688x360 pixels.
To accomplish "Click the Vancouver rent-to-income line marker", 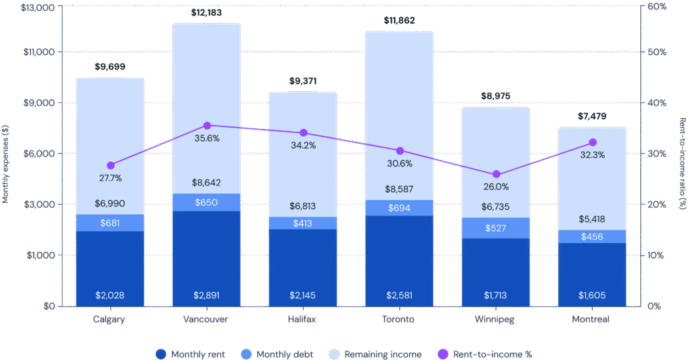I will pyautogui.click(x=207, y=126).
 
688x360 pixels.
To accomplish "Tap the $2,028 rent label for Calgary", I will pyautogui.click(x=110, y=296).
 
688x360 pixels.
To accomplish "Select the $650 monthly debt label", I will pyautogui.click(x=206, y=203).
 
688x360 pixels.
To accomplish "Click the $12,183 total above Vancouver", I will pyautogui.click(x=206, y=13).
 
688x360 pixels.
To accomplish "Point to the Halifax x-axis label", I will pyautogui.click(x=303, y=320).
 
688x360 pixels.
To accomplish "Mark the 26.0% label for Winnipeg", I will pyautogui.click(x=496, y=187).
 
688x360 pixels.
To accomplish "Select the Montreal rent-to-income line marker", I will pyautogui.click(x=593, y=142).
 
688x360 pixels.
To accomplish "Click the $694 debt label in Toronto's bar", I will pyautogui.click(x=399, y=208).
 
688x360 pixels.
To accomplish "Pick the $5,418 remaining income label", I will pyautogui.click(x=593, y=219).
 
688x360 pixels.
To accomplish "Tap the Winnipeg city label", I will pyautogui.click(x=496, y=320).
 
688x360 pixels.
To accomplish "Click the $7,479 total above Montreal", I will pyautogui.click(x=593, y=116).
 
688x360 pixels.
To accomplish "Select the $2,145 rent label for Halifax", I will pyautogui.click(x=303, y=296).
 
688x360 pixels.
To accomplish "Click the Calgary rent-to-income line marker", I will pyautogui.click(x=111, y=165).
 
